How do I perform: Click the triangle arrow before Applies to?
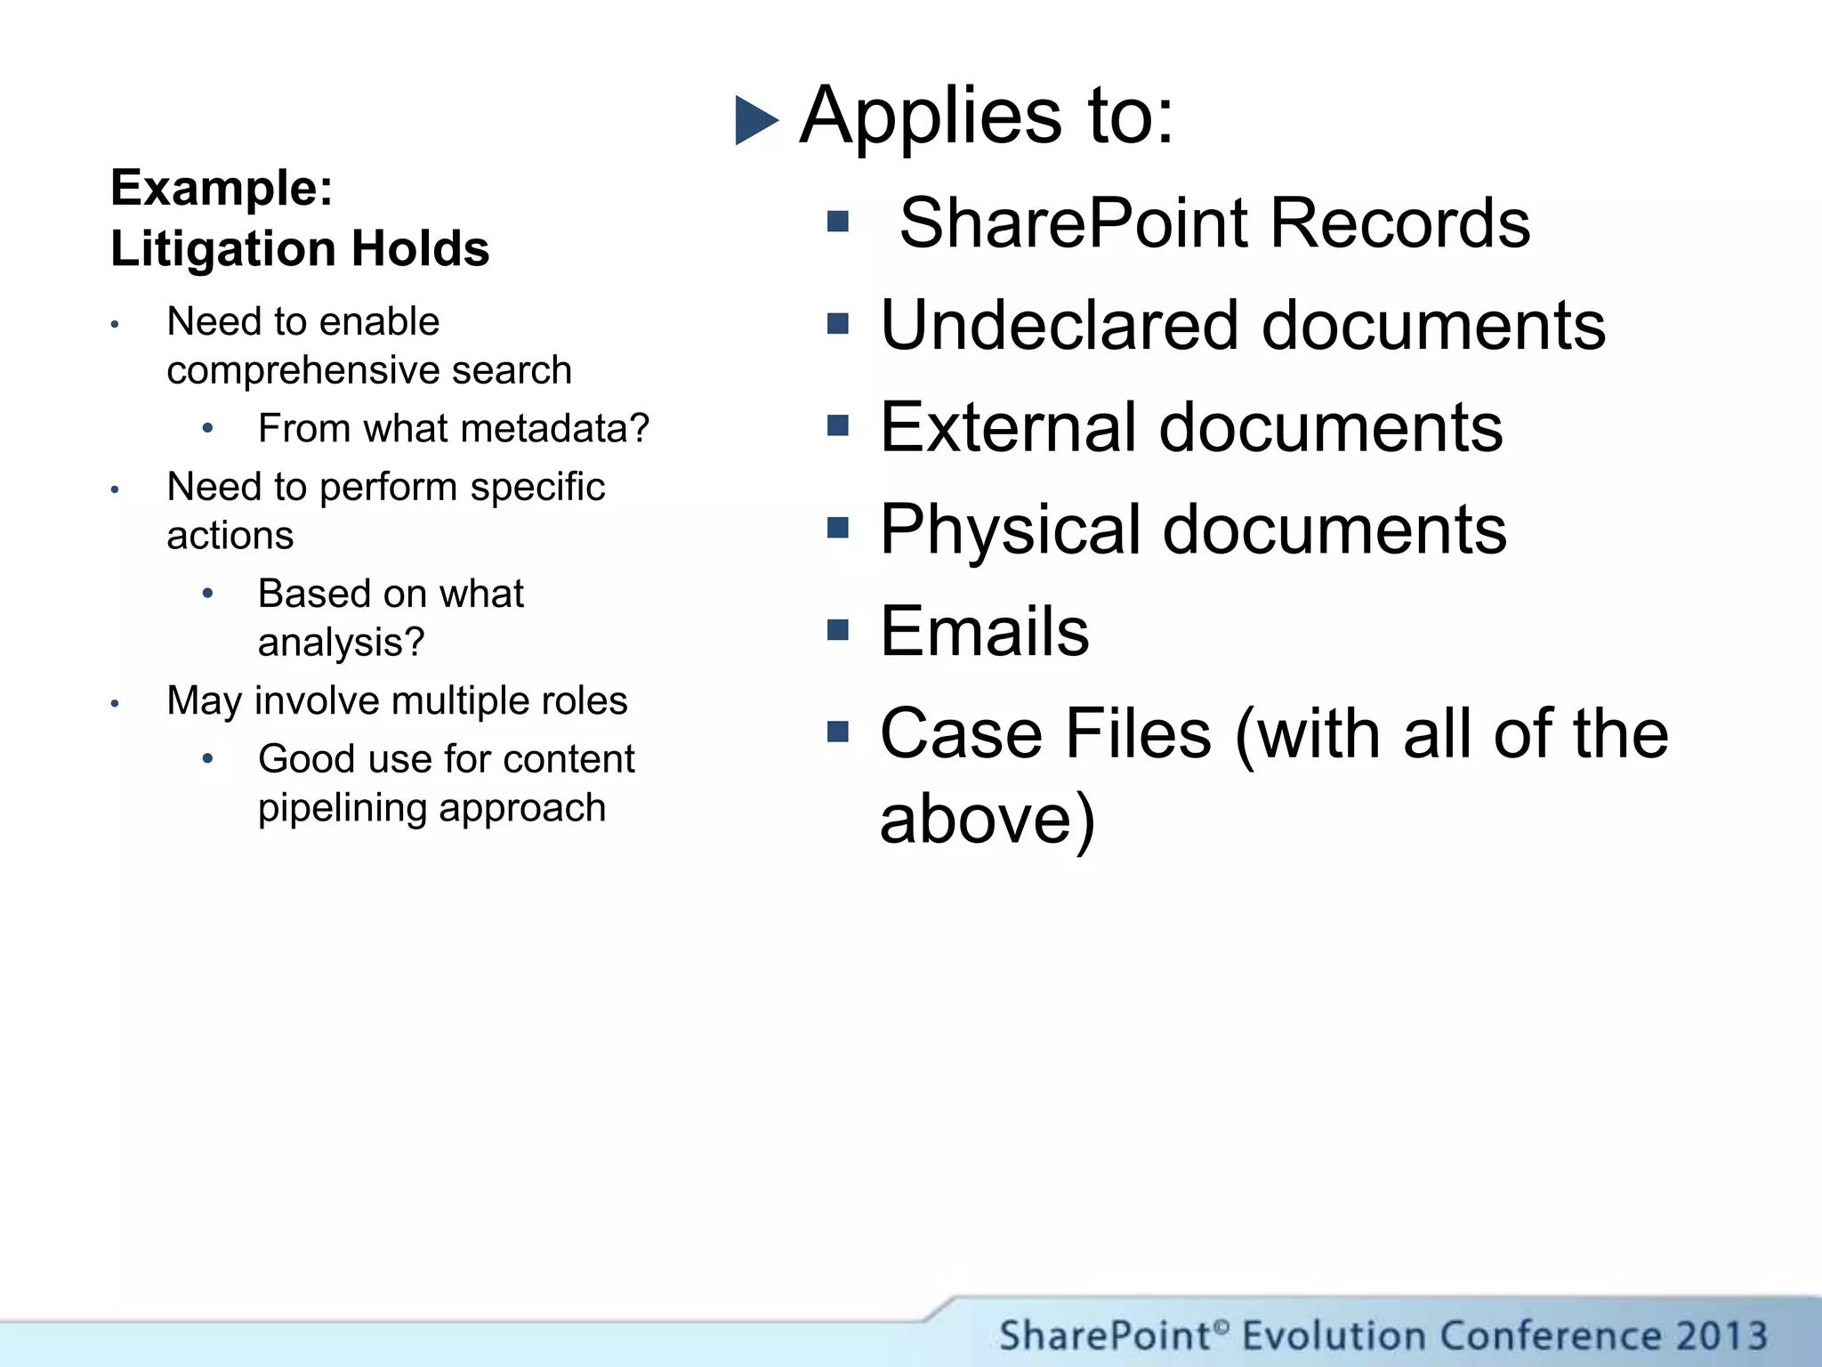tap(756, 120)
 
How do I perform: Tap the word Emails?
tap(984, 632)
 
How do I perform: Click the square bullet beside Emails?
tap(837, 630)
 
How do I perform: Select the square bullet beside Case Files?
tap(837, 732)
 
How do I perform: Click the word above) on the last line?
tap(987, 819)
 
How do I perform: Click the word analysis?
tap(342, 643)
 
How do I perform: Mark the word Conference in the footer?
tap(1549, 1336)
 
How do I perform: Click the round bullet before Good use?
tap(207, 759)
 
